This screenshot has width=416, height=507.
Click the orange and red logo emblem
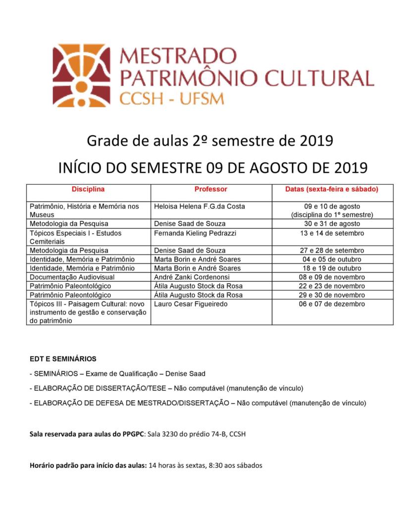(x=82, y=75)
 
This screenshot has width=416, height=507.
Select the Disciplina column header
(x=88, y=189)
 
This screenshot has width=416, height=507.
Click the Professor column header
(x=210, y=189)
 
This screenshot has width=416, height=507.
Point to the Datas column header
(x=332, y=189)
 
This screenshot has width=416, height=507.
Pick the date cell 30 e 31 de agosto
(x=332, y=224)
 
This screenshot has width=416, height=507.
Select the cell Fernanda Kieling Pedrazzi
(x=196, y=233)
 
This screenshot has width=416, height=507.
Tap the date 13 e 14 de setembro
(x=332, y=233)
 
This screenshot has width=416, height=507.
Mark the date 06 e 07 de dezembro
(x=332, y=304)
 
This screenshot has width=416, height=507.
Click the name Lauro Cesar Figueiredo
(x=191, y=304)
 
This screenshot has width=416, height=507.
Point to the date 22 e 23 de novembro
(x=332, y=286)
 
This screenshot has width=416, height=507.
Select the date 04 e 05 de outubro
(x=332, y=259)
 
